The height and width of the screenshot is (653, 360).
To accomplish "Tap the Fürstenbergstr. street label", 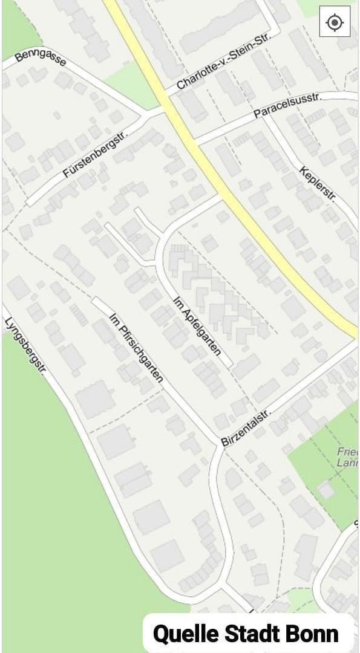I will point(97,155).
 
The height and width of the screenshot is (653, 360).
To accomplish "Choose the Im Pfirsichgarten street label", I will point(137,347).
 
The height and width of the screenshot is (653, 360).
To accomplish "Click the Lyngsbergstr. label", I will point(25,346).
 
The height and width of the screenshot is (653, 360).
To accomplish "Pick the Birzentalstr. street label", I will point(245,427).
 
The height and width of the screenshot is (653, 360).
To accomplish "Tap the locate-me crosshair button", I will point(334,23).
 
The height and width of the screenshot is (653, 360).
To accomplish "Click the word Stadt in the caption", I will point(254,634).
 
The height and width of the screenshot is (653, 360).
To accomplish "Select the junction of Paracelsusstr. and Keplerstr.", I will point(266,114).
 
